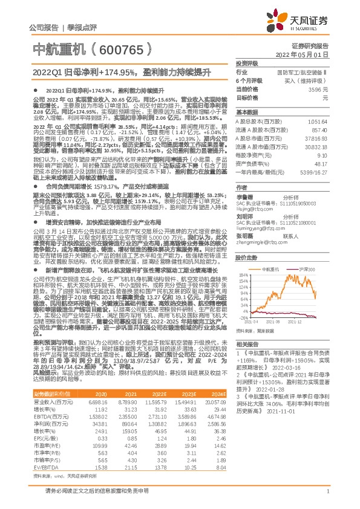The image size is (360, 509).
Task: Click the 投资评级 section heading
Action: pos(247,63)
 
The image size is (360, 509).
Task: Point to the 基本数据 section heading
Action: pos(247,112)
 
